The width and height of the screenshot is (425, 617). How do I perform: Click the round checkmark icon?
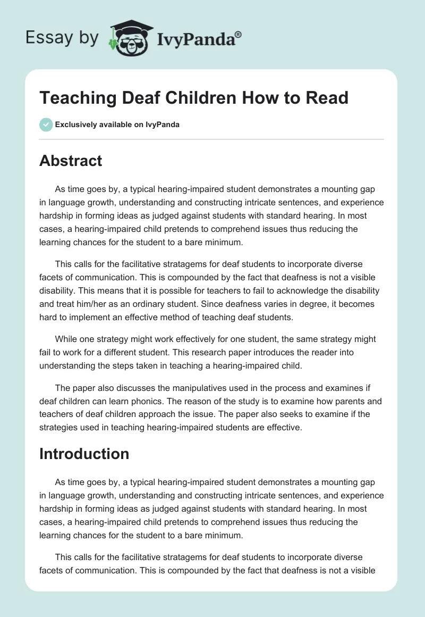[x=46, y=124]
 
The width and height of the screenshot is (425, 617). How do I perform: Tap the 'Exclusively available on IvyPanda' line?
[x=117, y=124]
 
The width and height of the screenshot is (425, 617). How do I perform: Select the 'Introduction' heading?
[x=84, y=454]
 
